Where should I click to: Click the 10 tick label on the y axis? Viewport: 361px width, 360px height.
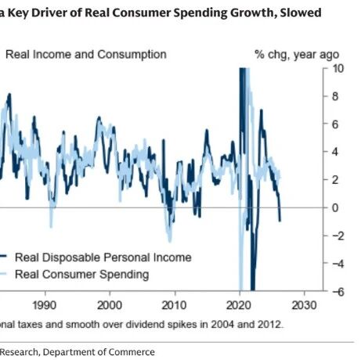pos(338,69)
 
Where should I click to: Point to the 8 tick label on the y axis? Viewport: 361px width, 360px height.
pos(335,96)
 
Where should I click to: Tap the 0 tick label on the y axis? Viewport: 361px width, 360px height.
pos(335,208)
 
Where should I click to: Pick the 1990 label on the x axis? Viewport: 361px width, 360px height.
pos(45,305)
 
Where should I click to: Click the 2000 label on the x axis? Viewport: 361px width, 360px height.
pos(110,305)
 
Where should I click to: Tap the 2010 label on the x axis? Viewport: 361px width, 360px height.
pos(174,305)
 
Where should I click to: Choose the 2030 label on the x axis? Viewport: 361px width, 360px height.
pos(304,305)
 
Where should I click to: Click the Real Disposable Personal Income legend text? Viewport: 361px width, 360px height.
pos(103,257)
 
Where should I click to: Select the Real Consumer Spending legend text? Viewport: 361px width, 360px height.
pos(82,275)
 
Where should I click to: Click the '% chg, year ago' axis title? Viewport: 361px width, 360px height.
pos(297,55)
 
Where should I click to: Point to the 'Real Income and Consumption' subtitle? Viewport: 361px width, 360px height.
pos(86,55)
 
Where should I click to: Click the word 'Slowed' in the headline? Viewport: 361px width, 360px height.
pos(301,13)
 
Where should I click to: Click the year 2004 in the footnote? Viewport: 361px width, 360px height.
pos(222,325)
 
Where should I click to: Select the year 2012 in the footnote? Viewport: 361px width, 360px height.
pos(270,325)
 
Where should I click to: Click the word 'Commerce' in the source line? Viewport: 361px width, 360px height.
pos(132,352)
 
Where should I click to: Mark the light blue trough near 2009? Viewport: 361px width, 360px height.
pos(170,241)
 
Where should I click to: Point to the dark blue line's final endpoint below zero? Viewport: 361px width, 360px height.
pos(280,221)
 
